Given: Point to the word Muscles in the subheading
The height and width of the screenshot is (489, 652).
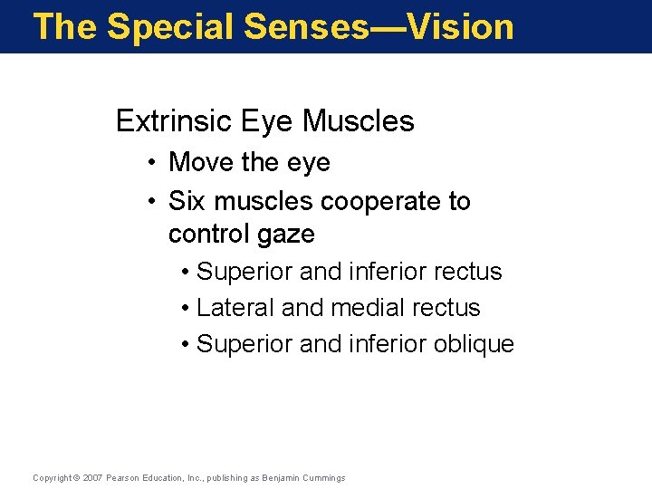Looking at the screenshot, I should [x=359, y=121].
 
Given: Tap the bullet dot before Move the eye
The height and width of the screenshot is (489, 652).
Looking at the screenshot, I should [x=155, y=164].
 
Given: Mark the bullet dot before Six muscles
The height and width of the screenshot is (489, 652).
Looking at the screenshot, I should [x=155, y=201].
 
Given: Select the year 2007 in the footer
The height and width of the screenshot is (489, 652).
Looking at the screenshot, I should [x=93, y=478].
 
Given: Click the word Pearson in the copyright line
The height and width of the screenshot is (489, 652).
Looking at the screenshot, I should [x=124, y=478].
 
